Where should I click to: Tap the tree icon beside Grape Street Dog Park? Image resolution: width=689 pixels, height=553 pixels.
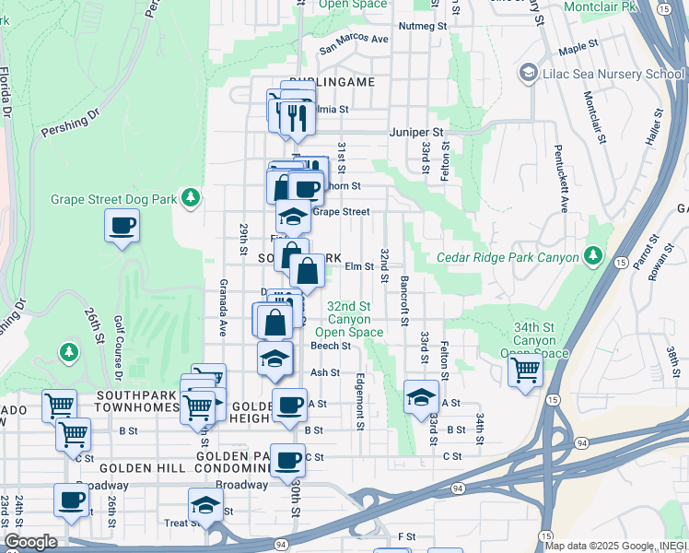click(x=191, y=198)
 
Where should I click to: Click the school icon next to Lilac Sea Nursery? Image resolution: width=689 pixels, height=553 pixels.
click(x=529, y=72)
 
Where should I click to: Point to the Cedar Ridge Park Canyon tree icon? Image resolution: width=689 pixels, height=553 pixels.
click(x=594, y=255)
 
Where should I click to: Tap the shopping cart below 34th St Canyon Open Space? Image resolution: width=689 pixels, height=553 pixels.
click(x=525, y=371)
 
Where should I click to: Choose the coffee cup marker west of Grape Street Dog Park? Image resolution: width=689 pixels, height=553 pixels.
click(x=123, y=226)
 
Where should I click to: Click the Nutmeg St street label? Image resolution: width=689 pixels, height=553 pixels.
click(x=423, y=27)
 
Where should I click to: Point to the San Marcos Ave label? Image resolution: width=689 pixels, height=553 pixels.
click(x=354, y=40)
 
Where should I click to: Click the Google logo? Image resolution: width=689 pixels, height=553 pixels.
click(x=30, y=542)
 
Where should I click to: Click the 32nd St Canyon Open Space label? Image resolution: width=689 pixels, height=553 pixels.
click(x=348, y=319)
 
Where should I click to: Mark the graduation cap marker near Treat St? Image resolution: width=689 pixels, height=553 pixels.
click(x=205, y=505)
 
